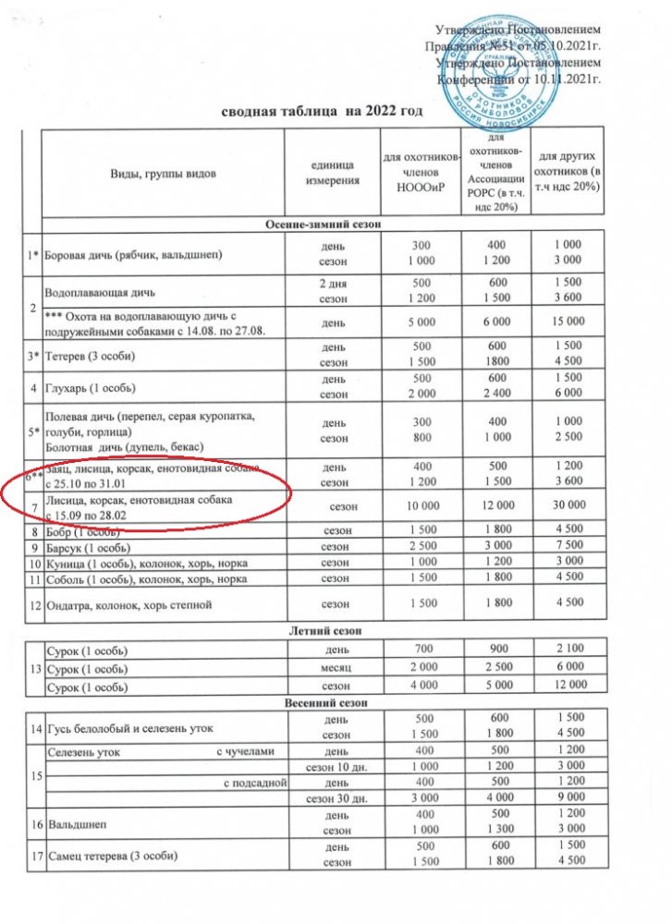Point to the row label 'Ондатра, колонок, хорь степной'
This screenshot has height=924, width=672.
pyautogui.click(x=128, y=605)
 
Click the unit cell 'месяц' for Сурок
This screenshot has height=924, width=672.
pyautogui.click(x=330, y=667)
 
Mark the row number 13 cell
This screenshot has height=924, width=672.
pyautogui.click(x=35, y=667)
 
